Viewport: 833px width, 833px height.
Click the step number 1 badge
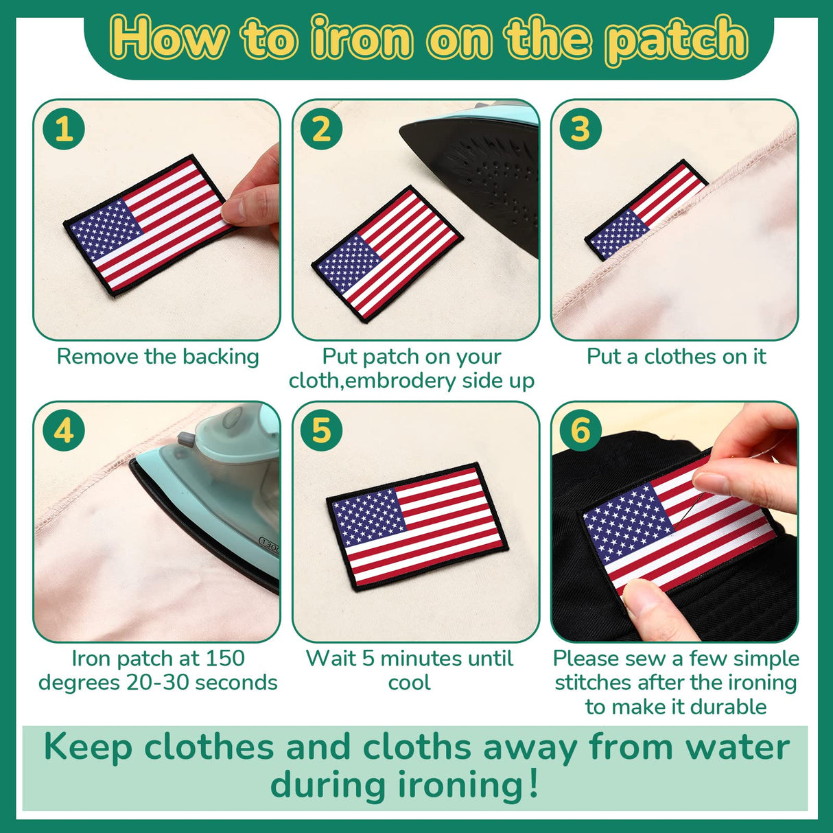point(63,129)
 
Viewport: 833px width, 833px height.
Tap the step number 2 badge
point(321,129)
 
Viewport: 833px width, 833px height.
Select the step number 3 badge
point(580,129)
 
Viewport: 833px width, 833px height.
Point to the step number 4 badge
point(63,431)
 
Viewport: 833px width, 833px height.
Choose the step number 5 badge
point(321,431)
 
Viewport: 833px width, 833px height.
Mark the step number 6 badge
point(580,431)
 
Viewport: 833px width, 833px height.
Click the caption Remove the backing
point(158,357)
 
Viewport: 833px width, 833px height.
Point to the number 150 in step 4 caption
point(224,659)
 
